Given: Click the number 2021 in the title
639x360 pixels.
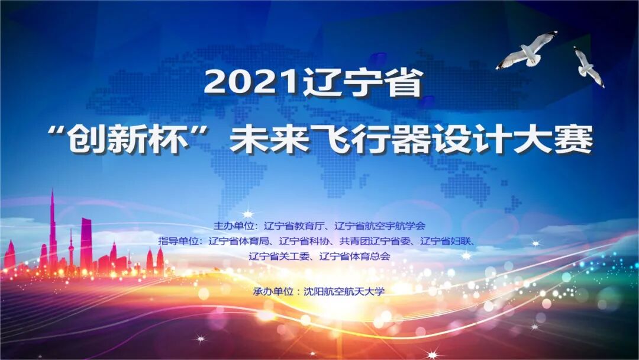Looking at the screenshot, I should pyautogui.click(x=251, y=83).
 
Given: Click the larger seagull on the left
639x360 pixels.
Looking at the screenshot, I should pyautogui.click(x=526, y=50).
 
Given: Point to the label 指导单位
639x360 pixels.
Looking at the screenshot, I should pyautogui.click(x=179, y=241).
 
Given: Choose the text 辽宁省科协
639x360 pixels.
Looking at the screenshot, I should pyautogui.click(x=303, y=241).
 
